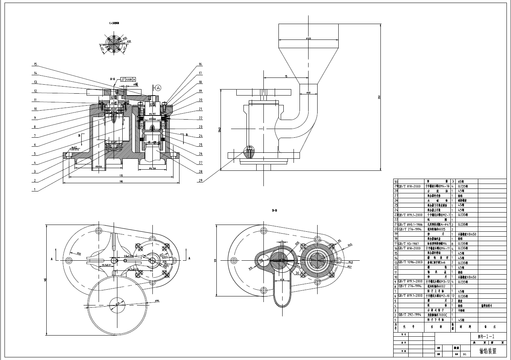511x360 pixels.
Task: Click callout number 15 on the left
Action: click(35, 64)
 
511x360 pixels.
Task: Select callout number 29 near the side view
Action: click(201, 181)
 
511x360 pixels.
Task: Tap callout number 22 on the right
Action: click(201, 118)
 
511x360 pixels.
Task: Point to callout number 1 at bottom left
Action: click(35, 190)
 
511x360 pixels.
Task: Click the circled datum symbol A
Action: click(158, 88)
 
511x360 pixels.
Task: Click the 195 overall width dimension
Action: click(120, 181)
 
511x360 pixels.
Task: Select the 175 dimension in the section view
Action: click(120, 175)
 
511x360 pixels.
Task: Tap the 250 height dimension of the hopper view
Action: click(379, 97)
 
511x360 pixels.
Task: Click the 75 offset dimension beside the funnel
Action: click(286, 76)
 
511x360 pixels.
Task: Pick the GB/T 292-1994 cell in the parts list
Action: click(408, 315)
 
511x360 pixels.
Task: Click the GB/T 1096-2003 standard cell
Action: click(410, 262)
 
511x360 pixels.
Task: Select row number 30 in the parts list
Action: click(395, 181)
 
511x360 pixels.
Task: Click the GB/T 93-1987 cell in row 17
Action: click(408, 243)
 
